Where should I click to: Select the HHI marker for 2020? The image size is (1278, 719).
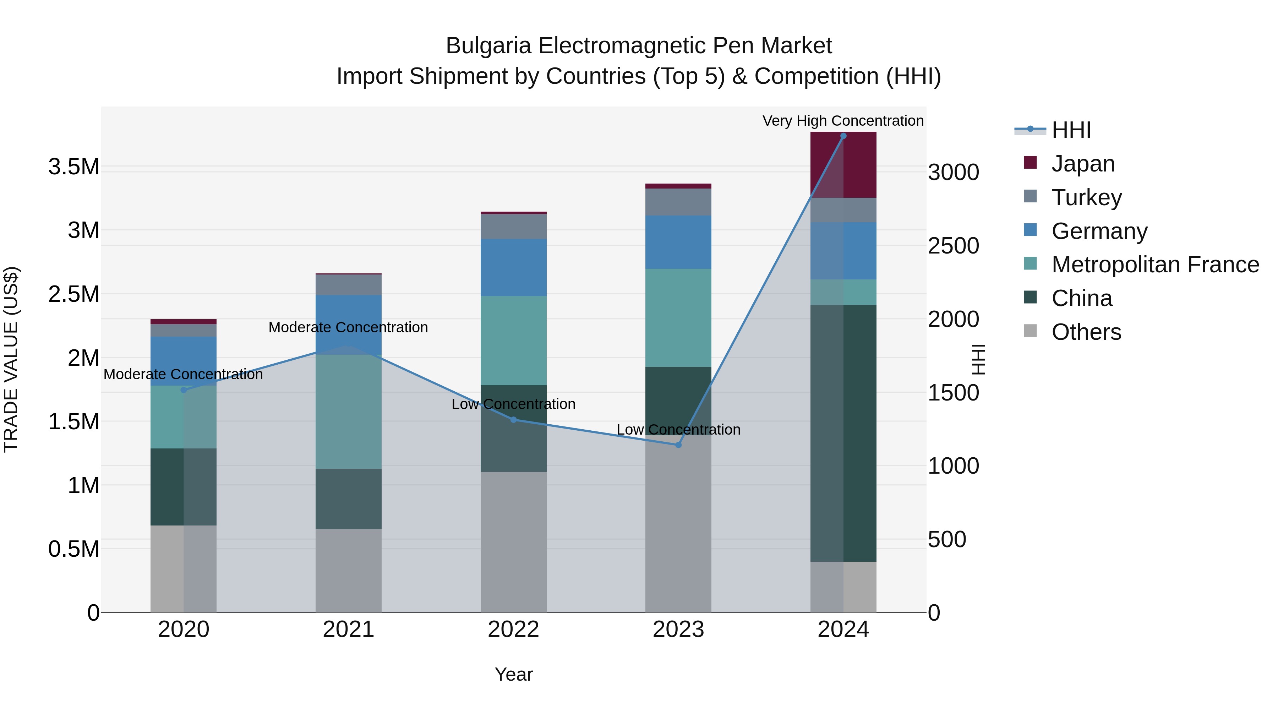pyautogui.click(x=184, y=390)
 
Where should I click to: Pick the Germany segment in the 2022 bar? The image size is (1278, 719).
pyautogui.click(x=513, y=267)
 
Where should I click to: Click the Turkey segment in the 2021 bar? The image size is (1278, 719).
pyautogui.click(x=348, y=285)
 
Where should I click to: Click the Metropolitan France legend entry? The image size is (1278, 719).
pyautogui.click(x=1154, y=265)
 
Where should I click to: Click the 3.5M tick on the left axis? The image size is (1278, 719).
pyautogui.click(x=74, y=167)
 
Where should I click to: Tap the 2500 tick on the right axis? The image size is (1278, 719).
pyautogui.click(x=953, y=246)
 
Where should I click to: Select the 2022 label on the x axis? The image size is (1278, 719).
pyautogui.click(x=513, y=630)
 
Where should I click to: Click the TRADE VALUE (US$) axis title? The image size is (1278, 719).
pyautogui.click(x=11, y=359)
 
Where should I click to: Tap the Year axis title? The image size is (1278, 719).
pyautogui.click(x=513, y=674)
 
